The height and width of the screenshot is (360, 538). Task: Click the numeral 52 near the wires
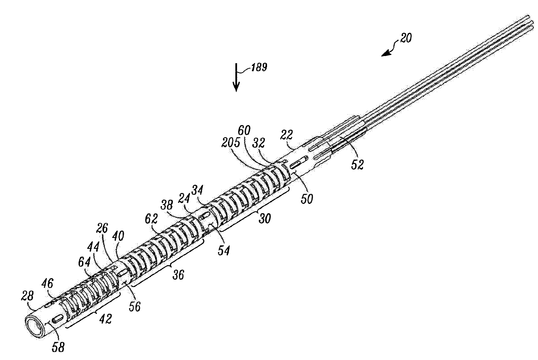coord(357,165)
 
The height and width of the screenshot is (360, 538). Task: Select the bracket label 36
coord(178,274)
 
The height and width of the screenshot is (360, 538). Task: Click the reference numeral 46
coord(47,284)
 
